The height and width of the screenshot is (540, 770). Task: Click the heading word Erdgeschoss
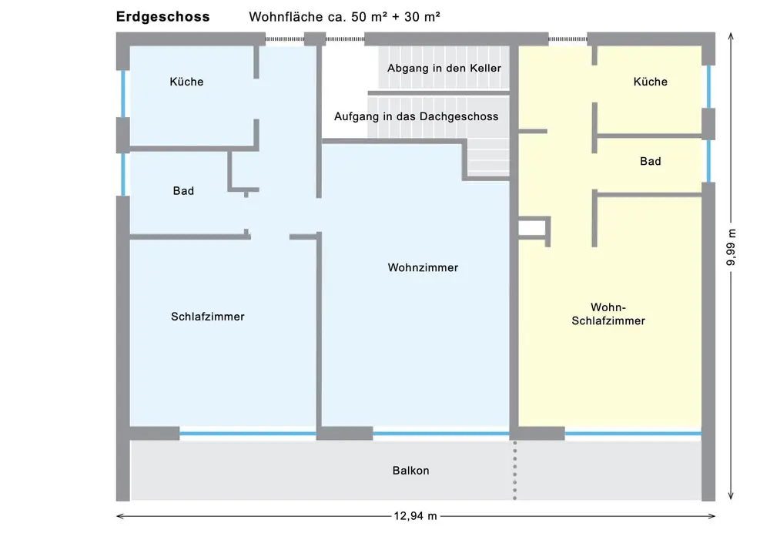click(x=162, y=17)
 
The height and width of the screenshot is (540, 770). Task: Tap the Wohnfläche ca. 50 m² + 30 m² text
click(x=344, y=17)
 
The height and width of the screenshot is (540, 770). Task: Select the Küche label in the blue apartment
click(x=186, y=82)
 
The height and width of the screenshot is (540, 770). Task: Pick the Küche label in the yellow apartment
click(x=650, y=82)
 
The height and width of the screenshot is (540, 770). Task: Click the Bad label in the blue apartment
click(x=184, y=190)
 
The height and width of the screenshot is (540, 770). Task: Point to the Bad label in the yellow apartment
click(x=650, y=161)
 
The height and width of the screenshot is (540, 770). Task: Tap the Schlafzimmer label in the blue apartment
click(x=208, y=317)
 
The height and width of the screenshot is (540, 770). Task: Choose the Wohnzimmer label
click(x=423, y=268)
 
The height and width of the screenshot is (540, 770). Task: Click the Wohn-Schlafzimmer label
click(x=608, y=314)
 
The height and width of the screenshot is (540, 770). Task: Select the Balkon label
click(x=410, y=471)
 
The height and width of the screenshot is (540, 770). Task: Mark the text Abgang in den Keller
click(x=444, y=69)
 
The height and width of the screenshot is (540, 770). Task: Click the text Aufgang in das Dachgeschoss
click(x=417, y=116)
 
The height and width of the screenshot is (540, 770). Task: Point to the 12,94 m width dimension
click(x=416, y=516)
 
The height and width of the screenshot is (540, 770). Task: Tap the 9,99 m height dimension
click(x=731, y=248)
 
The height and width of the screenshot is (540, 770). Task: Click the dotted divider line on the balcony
click(x=514, y=470)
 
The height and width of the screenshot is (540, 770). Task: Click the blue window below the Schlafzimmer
click(x=247, y=434)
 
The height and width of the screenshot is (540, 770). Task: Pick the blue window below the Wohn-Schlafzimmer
click(x=633, y=434)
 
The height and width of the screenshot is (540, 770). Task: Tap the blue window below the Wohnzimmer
click(x=441, y=434)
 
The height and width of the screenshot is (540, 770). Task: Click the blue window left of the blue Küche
click(x=122, y=94)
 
